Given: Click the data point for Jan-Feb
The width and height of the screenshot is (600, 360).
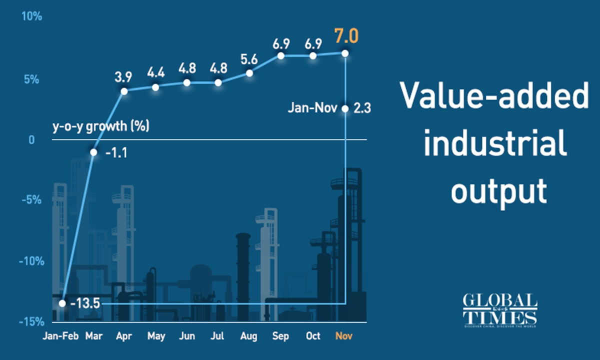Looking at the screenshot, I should (x=62, y=303).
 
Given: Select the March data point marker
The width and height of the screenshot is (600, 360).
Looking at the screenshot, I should (x=93, y=152).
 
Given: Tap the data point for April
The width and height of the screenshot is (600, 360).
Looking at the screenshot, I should (x=124, y=91).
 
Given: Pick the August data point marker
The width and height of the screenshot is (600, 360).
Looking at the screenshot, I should (x=250, y=73).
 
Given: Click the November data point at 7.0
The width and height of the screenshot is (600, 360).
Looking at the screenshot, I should (x=345, y=52).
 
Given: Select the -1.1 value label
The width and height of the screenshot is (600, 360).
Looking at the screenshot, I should (x=116, y=152).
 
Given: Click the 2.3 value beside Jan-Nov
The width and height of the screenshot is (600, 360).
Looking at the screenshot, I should (x=361, y=107).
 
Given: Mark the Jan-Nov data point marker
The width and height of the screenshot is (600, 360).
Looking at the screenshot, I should (x=345, y=108).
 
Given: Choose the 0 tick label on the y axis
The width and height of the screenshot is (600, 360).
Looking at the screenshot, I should (x=31, y=139).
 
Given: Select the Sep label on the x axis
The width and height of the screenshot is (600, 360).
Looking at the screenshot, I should (x=281, y=336).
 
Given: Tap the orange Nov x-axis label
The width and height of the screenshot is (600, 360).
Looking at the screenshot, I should (x=344, y=336).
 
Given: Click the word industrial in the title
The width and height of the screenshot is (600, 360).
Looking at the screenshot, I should (x=495, y=143).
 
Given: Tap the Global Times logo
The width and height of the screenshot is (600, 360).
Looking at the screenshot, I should (x=499, y=310).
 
